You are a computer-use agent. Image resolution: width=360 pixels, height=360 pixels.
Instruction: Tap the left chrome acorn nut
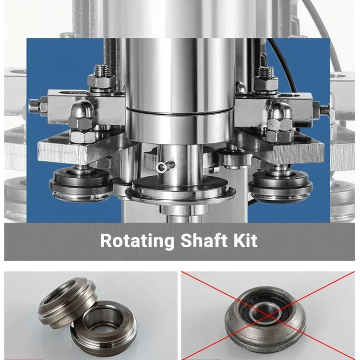78,116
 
